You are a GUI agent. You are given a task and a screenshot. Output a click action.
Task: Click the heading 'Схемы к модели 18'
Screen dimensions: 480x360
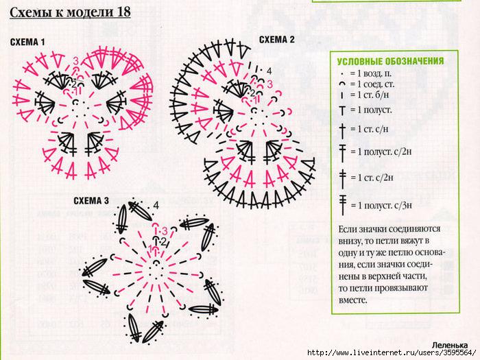[x=70, y=12]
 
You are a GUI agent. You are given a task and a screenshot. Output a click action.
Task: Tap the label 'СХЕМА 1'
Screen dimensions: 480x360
[x=27, y=43]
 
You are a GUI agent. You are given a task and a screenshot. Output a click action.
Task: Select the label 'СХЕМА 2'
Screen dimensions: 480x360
[x=277, y=40]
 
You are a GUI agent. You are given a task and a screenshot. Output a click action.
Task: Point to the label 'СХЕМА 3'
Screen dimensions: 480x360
[x=91, y=201]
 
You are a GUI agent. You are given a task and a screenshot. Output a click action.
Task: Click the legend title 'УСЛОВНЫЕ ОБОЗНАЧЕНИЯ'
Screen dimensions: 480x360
[x=390, y=61]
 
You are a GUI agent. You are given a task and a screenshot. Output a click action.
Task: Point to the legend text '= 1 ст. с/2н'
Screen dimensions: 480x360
[x=372, y=178]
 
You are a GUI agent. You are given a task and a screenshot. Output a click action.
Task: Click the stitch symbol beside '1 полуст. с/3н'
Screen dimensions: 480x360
[x=343, y=205]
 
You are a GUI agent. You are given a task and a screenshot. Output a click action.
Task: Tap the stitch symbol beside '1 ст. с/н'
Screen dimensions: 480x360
[x=342, y=130]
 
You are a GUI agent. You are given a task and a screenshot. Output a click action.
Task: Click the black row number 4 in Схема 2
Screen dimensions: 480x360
[x=269, y=71]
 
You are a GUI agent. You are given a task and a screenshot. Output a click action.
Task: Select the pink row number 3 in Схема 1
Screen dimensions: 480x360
[x=75, y=60]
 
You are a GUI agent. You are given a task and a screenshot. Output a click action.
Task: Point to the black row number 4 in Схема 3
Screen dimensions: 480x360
[x=156, y=206]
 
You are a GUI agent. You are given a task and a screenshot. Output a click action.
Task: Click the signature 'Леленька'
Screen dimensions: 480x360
[x=450, y=346]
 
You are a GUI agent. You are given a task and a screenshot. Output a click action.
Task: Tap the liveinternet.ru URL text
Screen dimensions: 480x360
[x=392, y=353]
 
